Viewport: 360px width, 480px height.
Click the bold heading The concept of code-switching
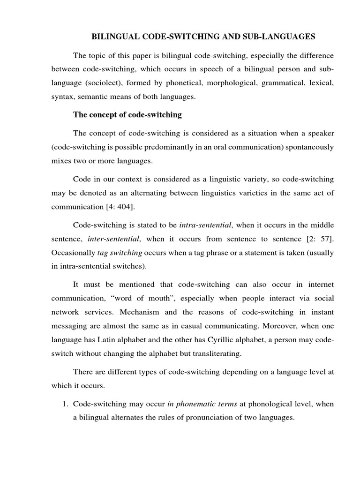pos(127,115)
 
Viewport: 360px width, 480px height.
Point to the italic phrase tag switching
pos(120,253)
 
